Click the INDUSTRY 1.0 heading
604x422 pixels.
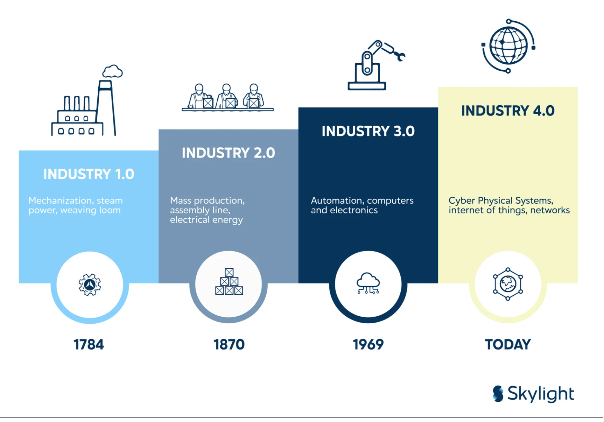click(89, 174)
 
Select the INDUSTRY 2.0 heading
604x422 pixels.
click(228, 153)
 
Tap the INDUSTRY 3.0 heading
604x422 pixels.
click(368, 131)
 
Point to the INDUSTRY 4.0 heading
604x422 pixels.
click(508, 111)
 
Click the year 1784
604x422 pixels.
click(89, 345)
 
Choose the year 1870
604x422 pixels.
click(229, 345)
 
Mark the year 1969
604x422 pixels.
click(368, 345)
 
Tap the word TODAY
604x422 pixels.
click(508, 345)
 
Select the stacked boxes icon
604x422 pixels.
click(229, 282)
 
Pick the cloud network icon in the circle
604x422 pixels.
click(368, 283)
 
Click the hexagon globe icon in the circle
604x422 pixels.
click(508, 284)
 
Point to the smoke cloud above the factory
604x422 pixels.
click(112, 71)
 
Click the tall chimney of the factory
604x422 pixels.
click(106, 108)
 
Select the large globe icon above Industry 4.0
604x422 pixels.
click(508, 46)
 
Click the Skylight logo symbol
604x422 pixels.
click(498, 394)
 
